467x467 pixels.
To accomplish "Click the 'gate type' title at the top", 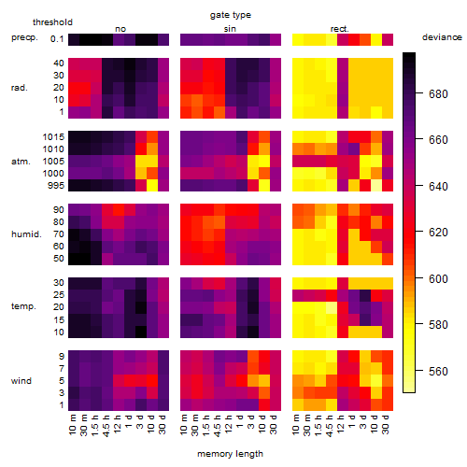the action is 231,15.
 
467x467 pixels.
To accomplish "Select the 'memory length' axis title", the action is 230,454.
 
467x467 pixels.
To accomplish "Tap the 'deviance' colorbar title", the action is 442,37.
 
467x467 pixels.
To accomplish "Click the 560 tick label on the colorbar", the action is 438,371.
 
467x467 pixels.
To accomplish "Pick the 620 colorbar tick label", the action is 438,233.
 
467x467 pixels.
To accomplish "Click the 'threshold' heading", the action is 52,22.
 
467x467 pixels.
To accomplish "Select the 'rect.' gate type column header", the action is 339,29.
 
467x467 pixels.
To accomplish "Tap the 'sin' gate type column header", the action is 230,29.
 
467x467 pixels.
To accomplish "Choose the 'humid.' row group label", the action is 26,234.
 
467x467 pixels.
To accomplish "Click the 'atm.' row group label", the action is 21,162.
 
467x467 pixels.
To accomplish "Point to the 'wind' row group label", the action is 21,381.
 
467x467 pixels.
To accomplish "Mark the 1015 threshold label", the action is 53,137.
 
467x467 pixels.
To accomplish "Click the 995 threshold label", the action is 56,186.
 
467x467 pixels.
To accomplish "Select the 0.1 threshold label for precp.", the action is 57,39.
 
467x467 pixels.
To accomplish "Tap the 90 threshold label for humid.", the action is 58,210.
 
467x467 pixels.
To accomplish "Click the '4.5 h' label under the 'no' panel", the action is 106,425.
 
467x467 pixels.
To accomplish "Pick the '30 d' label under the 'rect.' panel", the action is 386,424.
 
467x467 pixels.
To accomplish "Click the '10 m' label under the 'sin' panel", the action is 184,425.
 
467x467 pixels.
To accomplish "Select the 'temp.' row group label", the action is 23,306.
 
